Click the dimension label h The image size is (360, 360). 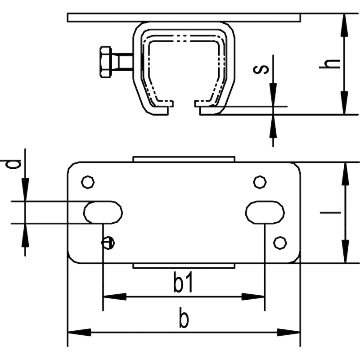click(329, 64)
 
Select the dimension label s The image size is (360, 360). click(261, 69)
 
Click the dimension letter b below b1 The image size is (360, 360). click(184, 319)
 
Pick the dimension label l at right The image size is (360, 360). click(330, 212)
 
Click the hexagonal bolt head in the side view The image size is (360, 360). click(106, 62)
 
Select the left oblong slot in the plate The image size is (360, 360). click(103, 212)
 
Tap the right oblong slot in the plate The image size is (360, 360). click(265, 212)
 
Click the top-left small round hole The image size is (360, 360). click(88, 182)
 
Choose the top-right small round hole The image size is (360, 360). click(260, 182)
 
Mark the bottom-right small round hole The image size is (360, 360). click(280, 243)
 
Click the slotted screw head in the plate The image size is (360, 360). click(108, 243)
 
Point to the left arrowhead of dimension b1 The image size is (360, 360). click(115, 297)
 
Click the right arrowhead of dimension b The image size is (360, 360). click(288, 332)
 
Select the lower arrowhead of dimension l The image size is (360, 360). click(345, 252)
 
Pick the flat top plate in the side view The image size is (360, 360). click(184, 18)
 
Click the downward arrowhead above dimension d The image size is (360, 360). click(25, 189)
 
